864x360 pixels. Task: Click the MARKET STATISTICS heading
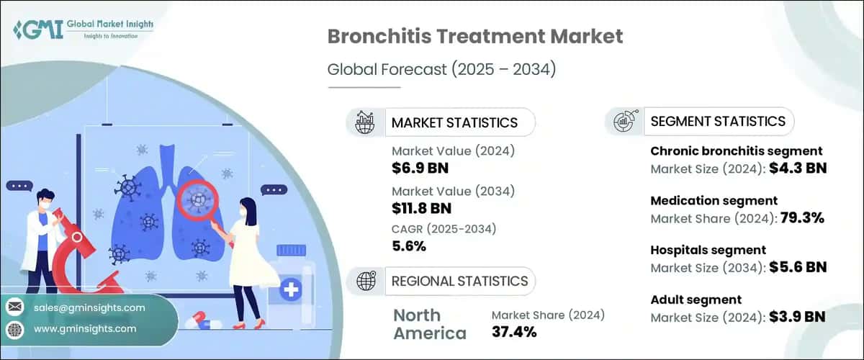454,122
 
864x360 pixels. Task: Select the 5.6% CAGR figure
409,246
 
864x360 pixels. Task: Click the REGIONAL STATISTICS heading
459,281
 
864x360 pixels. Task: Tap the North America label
429,324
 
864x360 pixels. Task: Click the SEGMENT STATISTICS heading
717,121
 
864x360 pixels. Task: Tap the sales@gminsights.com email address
89,307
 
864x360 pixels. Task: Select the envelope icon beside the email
14,307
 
